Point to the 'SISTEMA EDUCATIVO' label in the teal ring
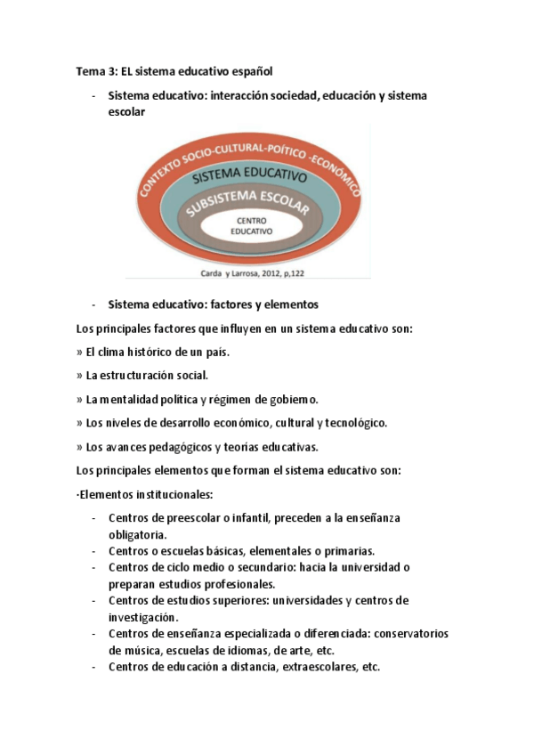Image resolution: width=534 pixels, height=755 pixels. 249,175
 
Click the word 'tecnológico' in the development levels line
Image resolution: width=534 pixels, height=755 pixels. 354,422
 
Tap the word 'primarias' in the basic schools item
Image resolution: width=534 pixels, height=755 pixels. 346,550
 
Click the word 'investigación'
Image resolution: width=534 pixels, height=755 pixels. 143,616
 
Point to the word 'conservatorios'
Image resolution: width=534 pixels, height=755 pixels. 410,633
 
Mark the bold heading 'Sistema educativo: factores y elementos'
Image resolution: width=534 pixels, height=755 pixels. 213,304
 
